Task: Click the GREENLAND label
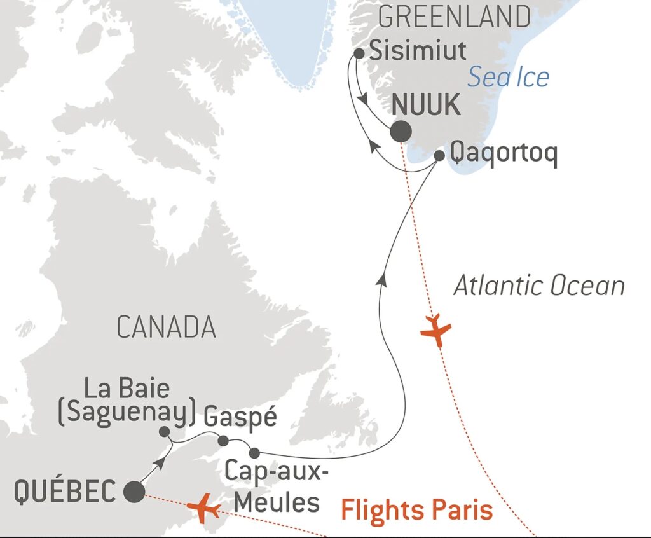454,17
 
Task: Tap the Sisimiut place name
418,51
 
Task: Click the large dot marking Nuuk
401,132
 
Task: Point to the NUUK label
426,105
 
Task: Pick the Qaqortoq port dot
439,155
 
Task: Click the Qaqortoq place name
503,155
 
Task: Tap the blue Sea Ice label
509,77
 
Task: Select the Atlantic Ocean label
538,286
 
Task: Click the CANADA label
166,327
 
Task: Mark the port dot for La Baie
164,432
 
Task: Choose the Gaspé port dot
223,440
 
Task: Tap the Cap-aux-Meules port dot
254,453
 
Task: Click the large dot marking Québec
134,492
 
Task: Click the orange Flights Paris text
416,509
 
